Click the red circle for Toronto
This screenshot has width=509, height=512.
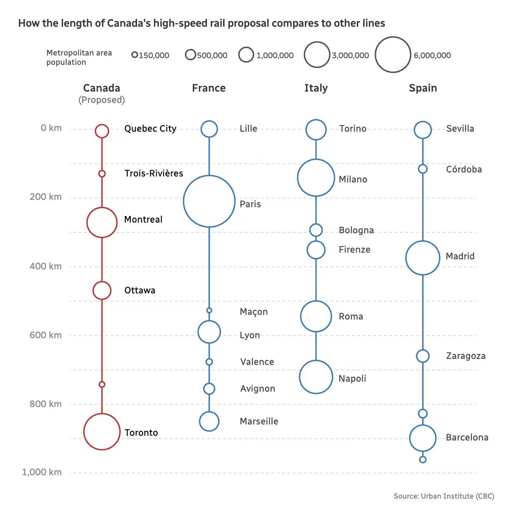click(x=102, y=431)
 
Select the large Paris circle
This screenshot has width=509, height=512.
click(x=209, y=201)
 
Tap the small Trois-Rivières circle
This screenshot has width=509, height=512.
click(x=102, y=174)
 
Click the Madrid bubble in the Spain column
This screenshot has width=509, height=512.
click(x=423, y=258)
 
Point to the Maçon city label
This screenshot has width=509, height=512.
click(x=253, y=312)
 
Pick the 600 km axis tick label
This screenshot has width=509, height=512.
click(x=46, y=335)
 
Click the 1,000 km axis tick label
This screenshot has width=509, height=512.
click(x=42, y=472)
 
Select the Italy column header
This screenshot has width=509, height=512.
click(x=316, y=88)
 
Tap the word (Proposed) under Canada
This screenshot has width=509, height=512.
click(x=101, y=100)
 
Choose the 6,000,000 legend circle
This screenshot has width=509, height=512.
click(x=393, y=55)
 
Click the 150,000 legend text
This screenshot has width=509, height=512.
click(x=154, y=55)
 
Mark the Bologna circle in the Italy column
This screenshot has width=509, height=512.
click(x=316, y=230)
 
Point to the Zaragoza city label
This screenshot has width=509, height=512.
click(x=466, y=356)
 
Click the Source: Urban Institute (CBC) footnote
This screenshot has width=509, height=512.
click(x=443, y=496)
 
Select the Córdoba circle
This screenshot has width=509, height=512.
click(x=423, y=169)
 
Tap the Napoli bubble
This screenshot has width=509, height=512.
click(x=316, y=377)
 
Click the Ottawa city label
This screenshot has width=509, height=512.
click(x=140, y=291)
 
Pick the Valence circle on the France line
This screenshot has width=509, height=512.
click(x=209, y=362)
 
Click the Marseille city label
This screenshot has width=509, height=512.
click(x=259, y=422)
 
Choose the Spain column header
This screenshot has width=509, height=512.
click(x=423, y=88)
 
